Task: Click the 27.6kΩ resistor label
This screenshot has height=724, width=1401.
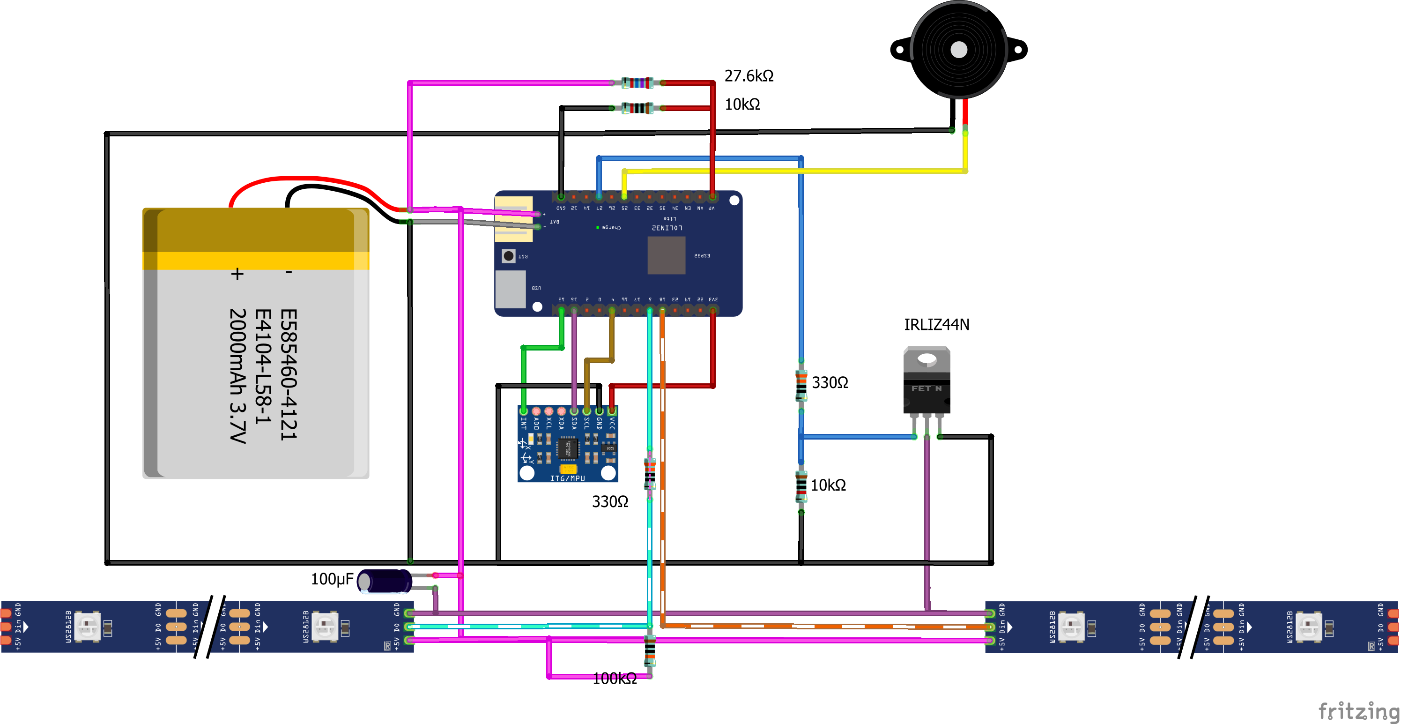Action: click(x=749, y=76)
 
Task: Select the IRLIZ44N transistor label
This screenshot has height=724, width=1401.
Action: click(x=936, y=325)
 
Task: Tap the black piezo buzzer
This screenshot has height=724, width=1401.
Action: click(x=958, y=50)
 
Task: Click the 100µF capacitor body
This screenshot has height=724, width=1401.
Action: click(x=385, y=582)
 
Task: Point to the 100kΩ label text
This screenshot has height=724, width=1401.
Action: click(x=614, y=678)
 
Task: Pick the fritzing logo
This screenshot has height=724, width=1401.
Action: click(x=1358, y=711)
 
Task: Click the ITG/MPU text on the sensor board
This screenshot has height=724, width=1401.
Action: click(x=567, y=478)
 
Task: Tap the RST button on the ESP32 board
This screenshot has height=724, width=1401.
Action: click(x=509, y=256)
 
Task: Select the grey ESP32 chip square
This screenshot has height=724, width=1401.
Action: click(x=666, y=255)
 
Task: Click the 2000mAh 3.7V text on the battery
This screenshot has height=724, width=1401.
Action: click(x=237, y=376)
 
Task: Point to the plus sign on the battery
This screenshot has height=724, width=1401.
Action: click(x=237, y=274)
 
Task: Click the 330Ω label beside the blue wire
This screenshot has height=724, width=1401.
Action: click(x=830, y=383)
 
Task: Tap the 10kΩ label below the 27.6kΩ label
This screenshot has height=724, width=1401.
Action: click(x=742, y=104)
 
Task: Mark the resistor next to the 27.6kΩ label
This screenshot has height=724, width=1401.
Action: click(x=637, y=83)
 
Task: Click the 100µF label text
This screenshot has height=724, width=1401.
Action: click(x=332, y=579)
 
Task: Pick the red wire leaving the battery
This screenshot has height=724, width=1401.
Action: click(x=304, y=179)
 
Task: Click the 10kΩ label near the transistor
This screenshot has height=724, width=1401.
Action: click(x=828, y=485)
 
